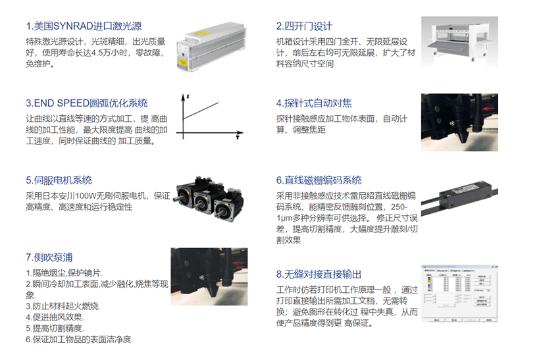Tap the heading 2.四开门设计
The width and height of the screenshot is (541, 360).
(x=304, y=26)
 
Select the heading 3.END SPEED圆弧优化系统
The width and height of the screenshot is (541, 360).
(x=87, y=103)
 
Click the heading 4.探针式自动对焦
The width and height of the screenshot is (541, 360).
(x=314, y=103)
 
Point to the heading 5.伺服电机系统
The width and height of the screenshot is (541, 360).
(x=59, y=180)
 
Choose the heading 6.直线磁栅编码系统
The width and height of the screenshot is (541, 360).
(x=319, y=180)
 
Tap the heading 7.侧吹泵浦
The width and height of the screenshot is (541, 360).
(x=49, y=257)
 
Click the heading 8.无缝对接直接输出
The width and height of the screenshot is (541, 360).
(x=319, y=274)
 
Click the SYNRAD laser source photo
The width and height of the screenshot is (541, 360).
(x=211, y=47)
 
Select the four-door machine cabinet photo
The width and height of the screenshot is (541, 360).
(x=459, y=42)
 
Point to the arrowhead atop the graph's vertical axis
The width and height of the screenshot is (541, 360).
(x=183, y=97)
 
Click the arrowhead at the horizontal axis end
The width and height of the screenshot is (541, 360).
(x=240, y=133)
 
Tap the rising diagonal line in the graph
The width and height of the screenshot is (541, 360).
(x=201, y=111)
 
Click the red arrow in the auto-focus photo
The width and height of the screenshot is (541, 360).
(x=488, y=109)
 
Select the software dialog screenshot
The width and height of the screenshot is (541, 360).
(x=459, y=294)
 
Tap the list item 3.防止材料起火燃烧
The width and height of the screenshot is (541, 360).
(x=63, y=306)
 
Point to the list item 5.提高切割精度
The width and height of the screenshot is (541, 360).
(x=55, y=328)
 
